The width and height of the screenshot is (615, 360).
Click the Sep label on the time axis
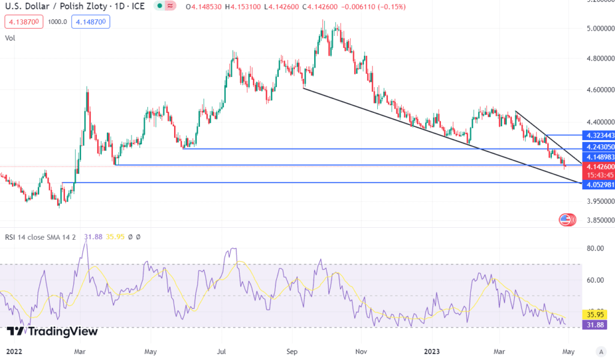pos(292,350)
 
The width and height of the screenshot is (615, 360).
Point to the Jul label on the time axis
pos(222,350)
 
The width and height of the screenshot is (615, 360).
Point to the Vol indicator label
pos(10,38)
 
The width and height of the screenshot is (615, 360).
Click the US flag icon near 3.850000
pos(565,219)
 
